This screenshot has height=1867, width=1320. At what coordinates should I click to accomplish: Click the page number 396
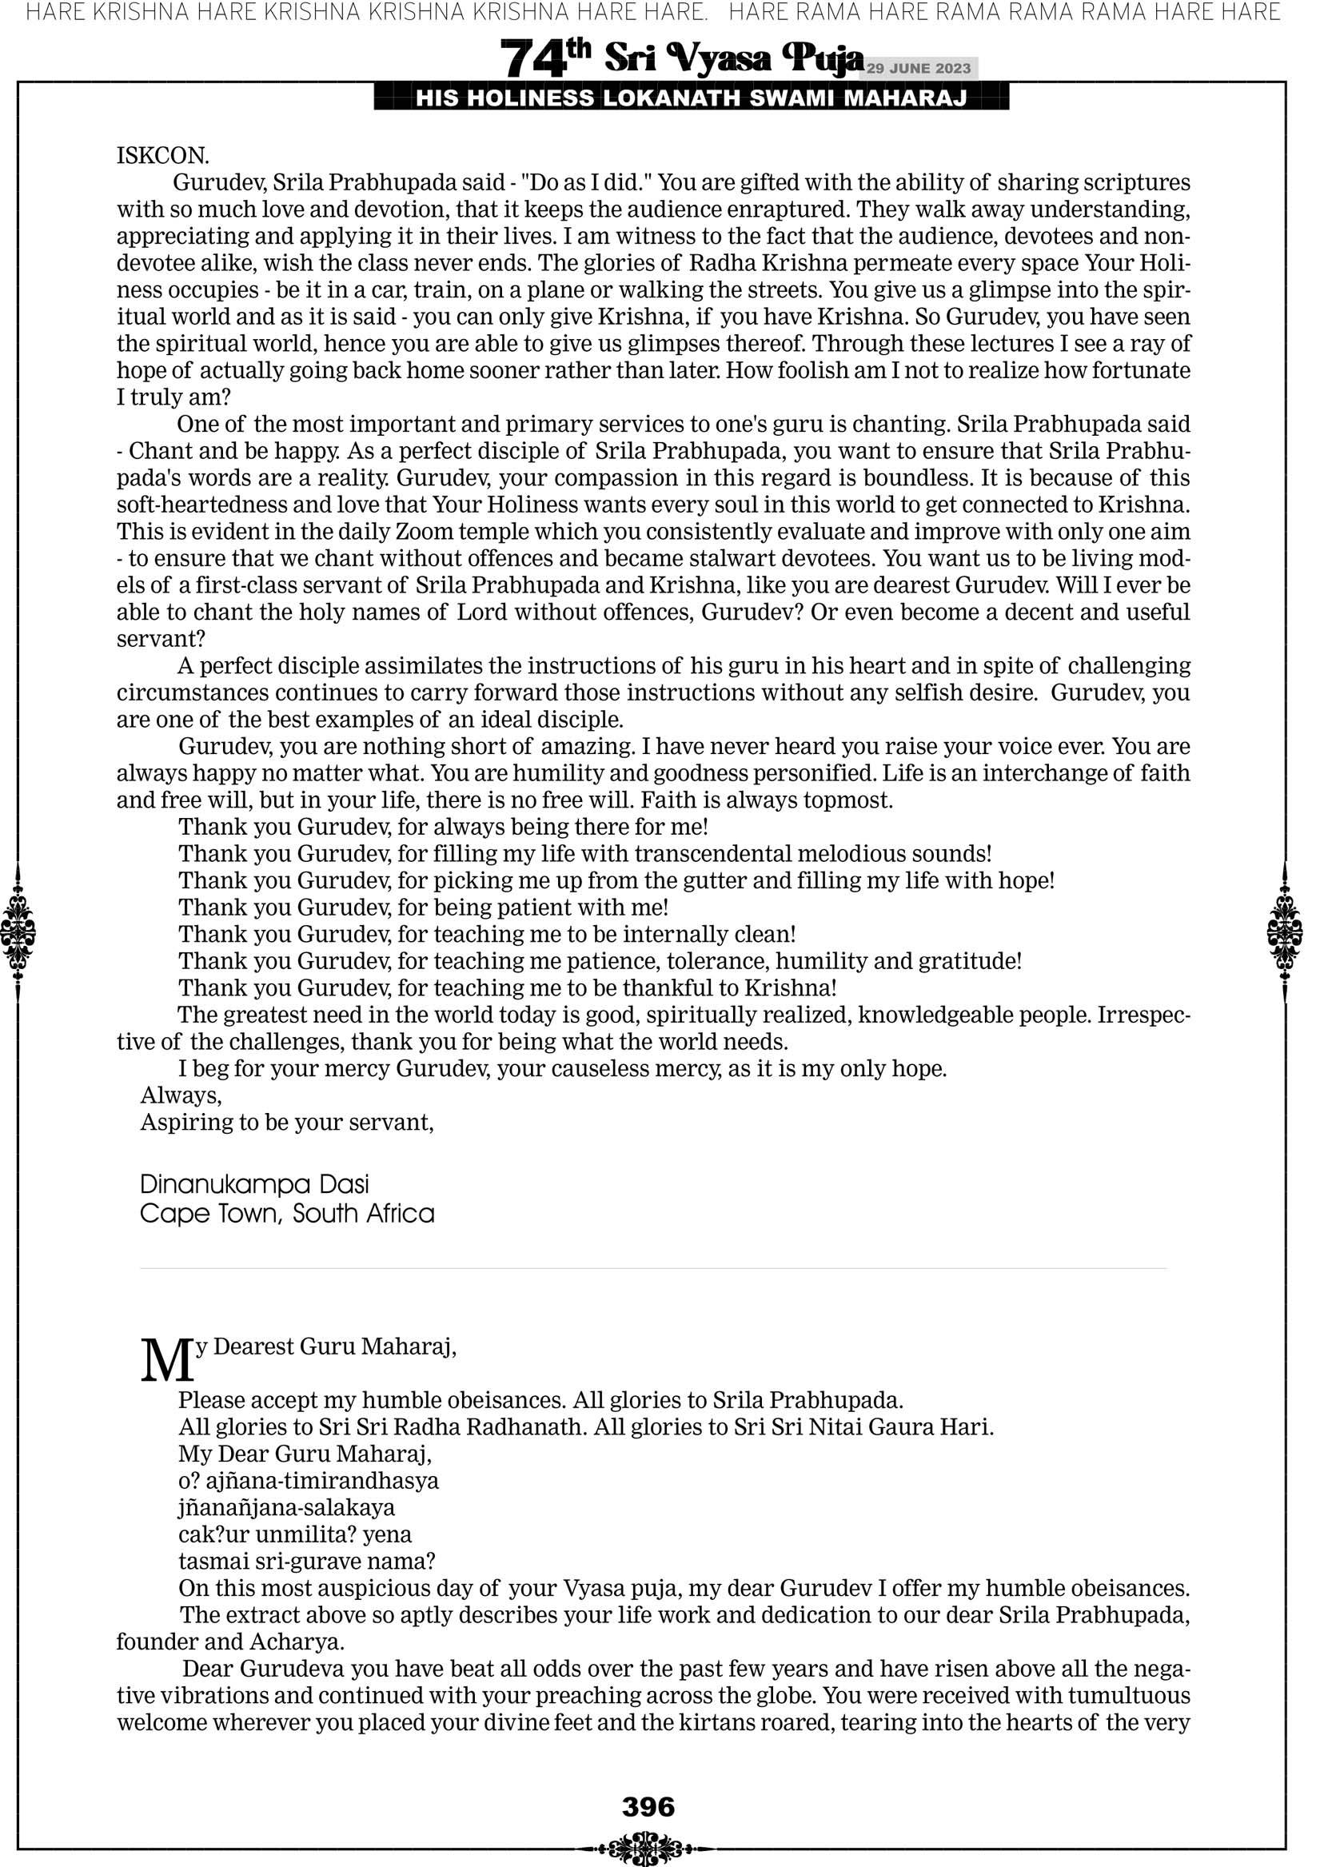(x=648, y=1807)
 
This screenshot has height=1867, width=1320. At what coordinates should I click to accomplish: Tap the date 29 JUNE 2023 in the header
(x=918, y=68)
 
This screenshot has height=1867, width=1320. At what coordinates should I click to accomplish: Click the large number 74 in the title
(x=532, y=58)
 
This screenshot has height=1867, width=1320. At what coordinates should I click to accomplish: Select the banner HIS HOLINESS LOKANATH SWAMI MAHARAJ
(x=692, y=98)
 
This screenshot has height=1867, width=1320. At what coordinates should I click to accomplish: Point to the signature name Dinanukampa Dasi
(x=254, y=1184)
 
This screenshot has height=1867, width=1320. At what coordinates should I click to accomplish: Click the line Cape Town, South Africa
(x=287, y=1213)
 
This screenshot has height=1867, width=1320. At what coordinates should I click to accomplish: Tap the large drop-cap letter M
(x=167, y=1361)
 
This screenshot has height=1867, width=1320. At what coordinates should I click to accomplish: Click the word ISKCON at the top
(x=162, y=155)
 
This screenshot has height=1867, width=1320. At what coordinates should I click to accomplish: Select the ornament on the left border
(x=18, y=932)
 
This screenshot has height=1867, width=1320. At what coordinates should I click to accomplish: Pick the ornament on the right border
(x=1285, y=932)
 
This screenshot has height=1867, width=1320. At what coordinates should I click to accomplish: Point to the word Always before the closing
(x=181, y=1095)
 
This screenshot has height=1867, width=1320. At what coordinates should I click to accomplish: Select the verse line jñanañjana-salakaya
(x=286, y=1507)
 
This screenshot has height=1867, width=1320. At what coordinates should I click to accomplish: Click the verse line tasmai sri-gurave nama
(x=307, y=1562)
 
